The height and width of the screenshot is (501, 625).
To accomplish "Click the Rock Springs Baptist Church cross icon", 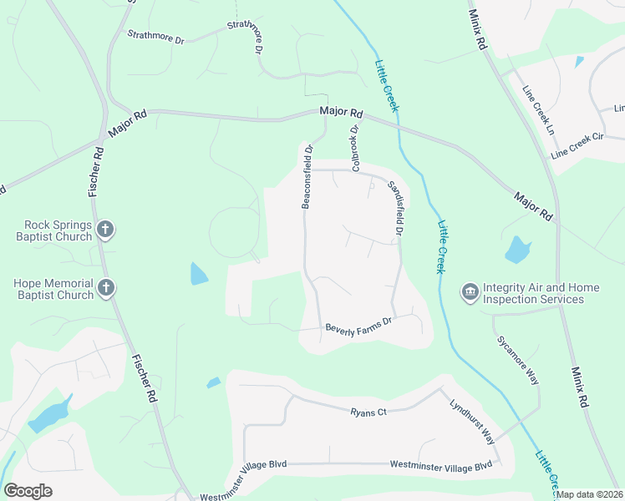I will (x=105, y=229).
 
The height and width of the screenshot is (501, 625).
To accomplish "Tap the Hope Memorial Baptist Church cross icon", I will (x=105, y=288).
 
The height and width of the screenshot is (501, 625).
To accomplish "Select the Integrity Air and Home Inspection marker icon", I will (x=469, y=292).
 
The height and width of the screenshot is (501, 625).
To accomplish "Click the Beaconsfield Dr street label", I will (x=307, y=177).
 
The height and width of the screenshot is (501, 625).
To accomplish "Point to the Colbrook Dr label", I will (x=354, y=149).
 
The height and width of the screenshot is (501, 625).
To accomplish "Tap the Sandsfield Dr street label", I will (x=394, y=208).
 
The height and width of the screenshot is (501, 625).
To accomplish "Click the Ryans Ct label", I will (x=368, y=412).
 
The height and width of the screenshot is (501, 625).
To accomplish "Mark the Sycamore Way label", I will (x=518, y=359).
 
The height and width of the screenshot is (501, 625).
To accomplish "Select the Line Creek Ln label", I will (x=538, y=110).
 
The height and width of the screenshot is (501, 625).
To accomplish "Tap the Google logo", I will (x=28, y=491).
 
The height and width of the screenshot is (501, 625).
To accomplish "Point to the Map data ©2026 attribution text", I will (x=590, y=494).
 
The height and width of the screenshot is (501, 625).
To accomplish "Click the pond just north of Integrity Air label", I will (x=517, y=250).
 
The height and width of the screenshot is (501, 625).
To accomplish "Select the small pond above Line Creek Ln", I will (x=580, y=61).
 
